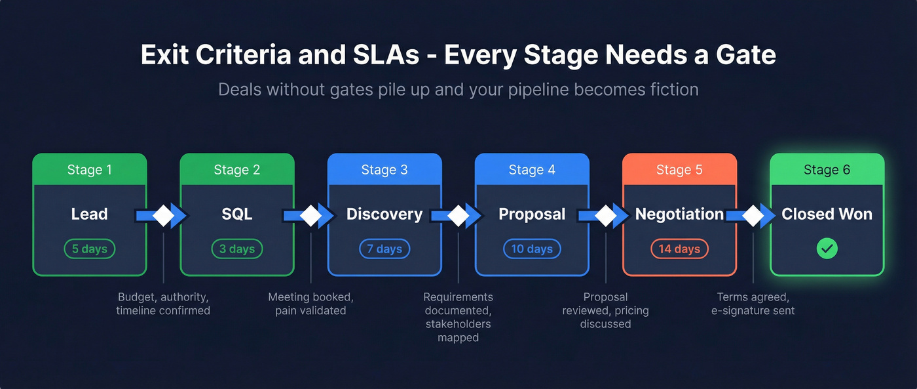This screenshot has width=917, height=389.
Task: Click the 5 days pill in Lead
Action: pos(90,249)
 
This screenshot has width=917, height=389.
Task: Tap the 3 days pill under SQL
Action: pos(237,249)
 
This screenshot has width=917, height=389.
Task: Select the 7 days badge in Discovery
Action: pos(384,249)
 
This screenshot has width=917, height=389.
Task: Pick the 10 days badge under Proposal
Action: pos(532,249)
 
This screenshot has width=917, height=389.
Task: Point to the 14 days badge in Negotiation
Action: pos(679,249)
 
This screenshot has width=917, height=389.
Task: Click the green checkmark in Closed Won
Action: pos(827,249)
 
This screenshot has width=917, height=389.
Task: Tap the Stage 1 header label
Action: pos(90,170)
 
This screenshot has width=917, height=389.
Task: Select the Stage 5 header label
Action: pos(679,170)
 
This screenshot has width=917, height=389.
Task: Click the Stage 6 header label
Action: pos(827,170)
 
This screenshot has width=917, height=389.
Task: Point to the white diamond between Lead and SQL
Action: pos(163,215)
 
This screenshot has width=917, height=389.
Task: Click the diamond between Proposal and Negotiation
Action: pos(605,215)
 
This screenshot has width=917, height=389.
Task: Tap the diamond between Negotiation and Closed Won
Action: pos(753,215)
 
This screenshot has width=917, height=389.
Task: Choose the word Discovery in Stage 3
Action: pos(384,215)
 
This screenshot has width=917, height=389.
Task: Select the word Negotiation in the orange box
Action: pos(679,215)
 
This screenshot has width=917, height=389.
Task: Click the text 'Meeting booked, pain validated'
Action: pos(310,304)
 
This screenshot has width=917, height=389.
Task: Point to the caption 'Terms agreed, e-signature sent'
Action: pos(753,304)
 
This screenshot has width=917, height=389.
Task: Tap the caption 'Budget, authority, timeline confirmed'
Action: pos(163,304)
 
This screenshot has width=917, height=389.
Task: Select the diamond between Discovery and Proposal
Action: pos(458,215)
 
